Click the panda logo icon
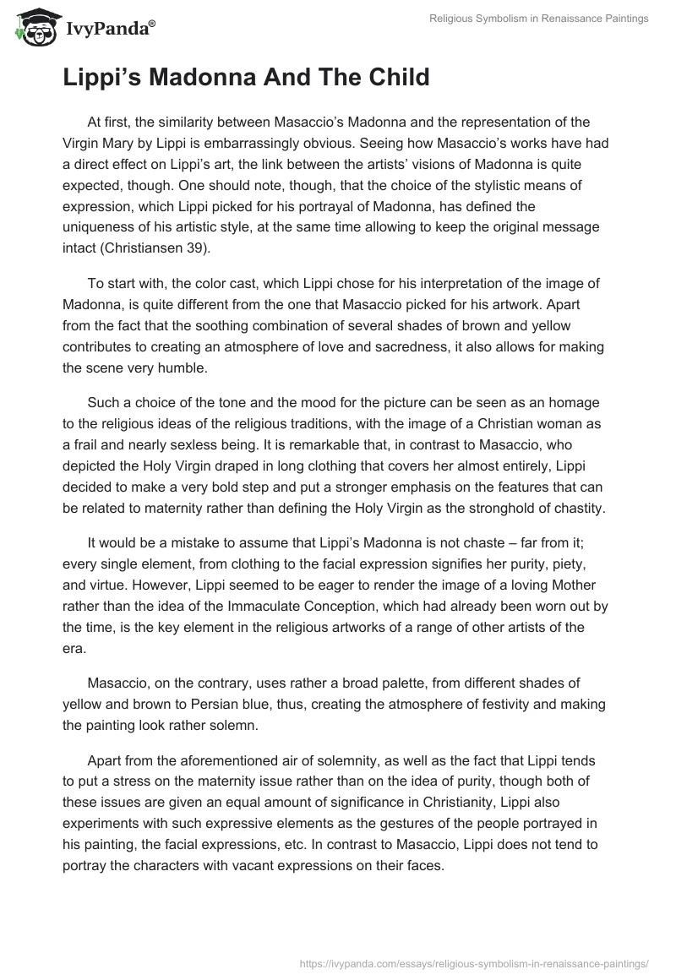[31, 29]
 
